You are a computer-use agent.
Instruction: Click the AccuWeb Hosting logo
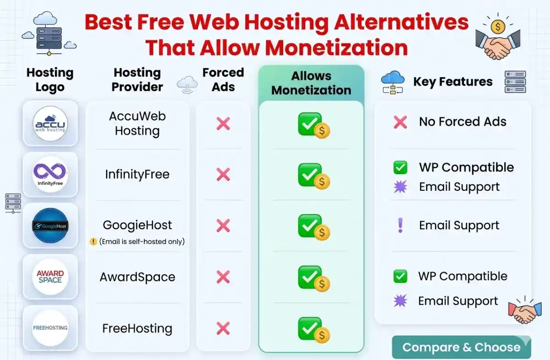(50, 123)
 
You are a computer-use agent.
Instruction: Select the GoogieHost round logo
(50, 226)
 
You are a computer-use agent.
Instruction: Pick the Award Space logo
(50, 277)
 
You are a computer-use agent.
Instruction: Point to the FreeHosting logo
(50, 328)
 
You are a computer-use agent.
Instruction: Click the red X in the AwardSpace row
(223, 277)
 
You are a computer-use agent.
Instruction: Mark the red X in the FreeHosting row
(223, 328)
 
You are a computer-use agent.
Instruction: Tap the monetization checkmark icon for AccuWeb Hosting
(313, 125)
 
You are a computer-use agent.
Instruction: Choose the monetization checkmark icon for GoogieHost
(313, 227)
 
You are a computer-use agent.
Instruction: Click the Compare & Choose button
(461, 347)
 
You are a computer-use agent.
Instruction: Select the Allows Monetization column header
(311, 83)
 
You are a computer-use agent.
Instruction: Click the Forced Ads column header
(223, 80)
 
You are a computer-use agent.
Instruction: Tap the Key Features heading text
(453, 82)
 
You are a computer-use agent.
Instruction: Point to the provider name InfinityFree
(137, 174)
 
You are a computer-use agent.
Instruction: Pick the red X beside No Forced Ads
(400, 122)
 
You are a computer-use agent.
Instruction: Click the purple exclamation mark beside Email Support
(400, 225)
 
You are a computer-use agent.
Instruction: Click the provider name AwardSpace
(137, 277)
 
